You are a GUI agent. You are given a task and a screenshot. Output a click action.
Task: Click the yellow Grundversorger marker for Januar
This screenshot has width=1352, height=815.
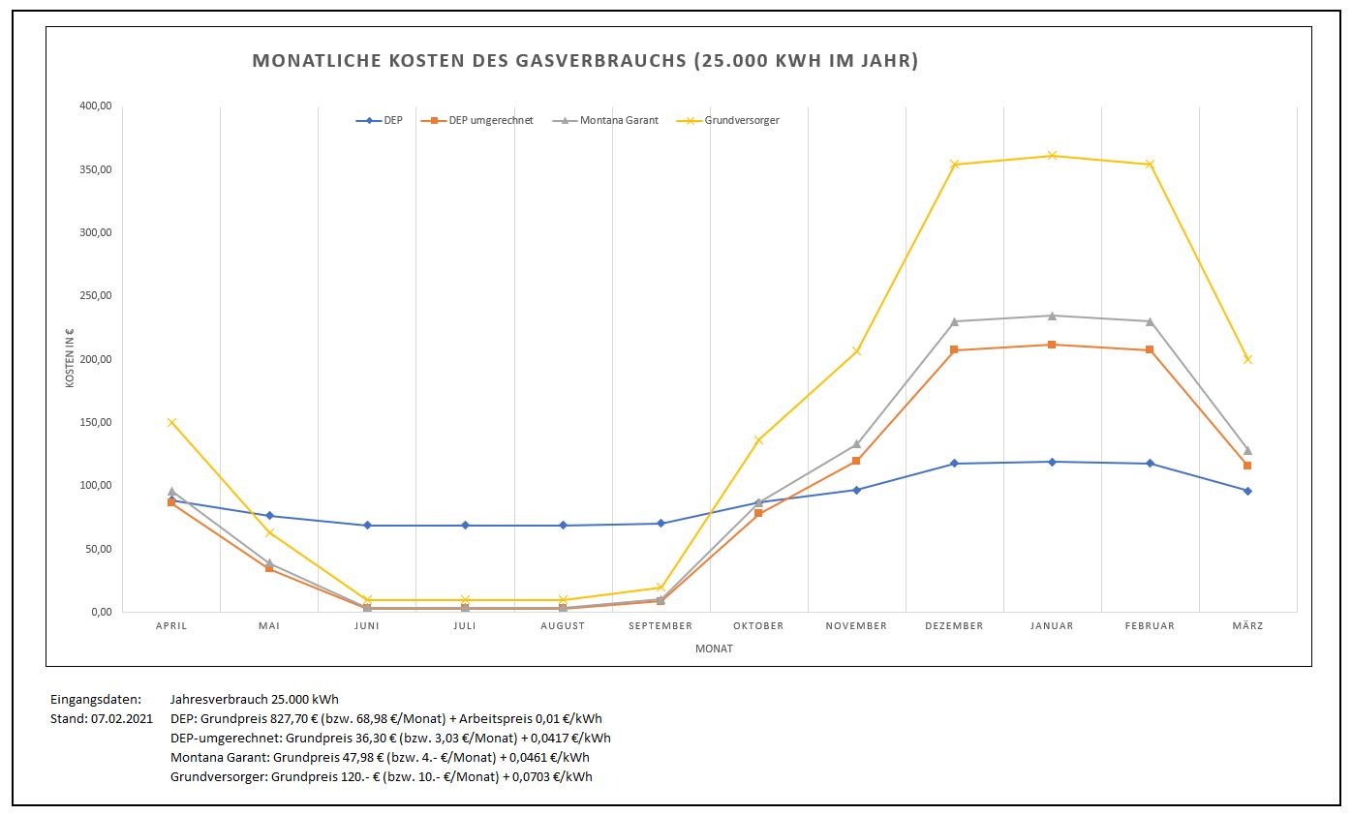coord(1052,156)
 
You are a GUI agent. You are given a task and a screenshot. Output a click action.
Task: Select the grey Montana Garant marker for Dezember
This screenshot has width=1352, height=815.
coord(954,321)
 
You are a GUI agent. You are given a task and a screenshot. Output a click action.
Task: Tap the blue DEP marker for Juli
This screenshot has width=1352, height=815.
coord(465,526)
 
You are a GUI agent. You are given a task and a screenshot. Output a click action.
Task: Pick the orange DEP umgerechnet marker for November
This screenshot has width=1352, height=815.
coord(856,461)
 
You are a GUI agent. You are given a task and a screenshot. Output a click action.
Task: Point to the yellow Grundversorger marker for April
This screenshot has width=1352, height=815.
coord(171,422)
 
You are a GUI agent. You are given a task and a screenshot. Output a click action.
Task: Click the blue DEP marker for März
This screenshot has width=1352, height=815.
coord(1247,491)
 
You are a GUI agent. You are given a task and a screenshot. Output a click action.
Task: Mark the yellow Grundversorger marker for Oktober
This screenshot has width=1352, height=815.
coord(758,440)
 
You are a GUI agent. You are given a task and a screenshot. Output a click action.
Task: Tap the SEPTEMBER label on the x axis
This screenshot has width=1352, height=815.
coord(661,626)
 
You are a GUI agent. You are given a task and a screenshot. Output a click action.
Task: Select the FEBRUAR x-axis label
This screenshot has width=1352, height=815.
coord(1150,626)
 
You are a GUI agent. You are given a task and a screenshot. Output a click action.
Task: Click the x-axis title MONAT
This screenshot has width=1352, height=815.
coord(714,649)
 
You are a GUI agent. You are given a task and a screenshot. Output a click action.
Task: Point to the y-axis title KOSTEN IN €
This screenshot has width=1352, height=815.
coord(70,359)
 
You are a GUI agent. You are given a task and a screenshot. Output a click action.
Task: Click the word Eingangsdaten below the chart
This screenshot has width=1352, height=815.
coord(96,699)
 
